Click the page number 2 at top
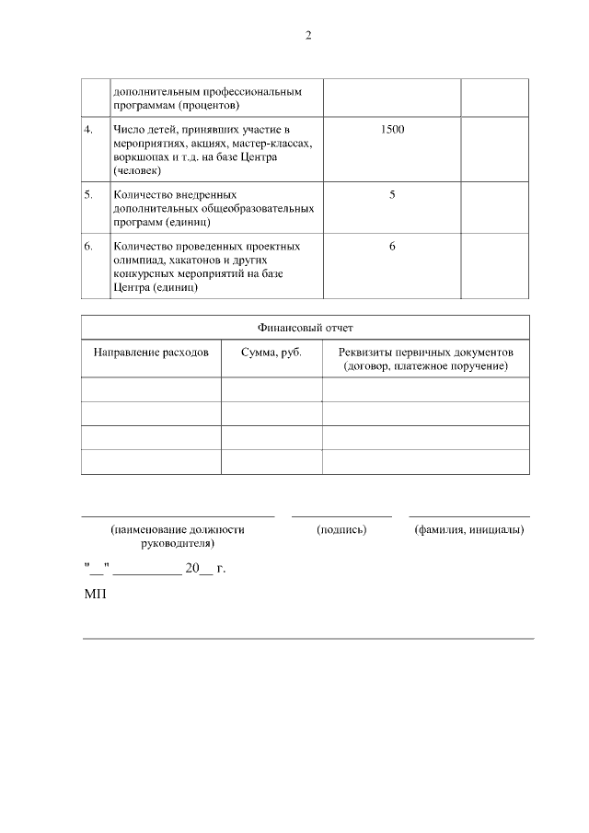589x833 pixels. pyautogui.click(x=308, y=36)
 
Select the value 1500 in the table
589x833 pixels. pyautogui.click(x=392, y=130)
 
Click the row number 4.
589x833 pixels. pyautogui.click(x=88, y=130)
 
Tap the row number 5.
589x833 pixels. pyautogui.click(x=88, y=195)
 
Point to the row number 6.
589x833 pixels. pyautogui.click(x=88, y=247)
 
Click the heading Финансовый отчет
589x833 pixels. pyautogui.click(x=305, y=328)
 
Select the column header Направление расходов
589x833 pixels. pyautogui.click(x=151, y=353)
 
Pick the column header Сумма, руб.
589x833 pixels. pyautogui.click(x=271, y=353)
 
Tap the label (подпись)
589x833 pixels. pyautogui.click(x=341, y=530)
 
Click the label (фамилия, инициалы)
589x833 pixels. pyautogui.click(x=469, y=530)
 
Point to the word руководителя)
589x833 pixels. pyautogui.click(x=178, y=544)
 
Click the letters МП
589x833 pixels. pyautogui.click(x=96, y=596)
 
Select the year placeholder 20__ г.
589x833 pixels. pyautogui.click(x=205, y=569)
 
